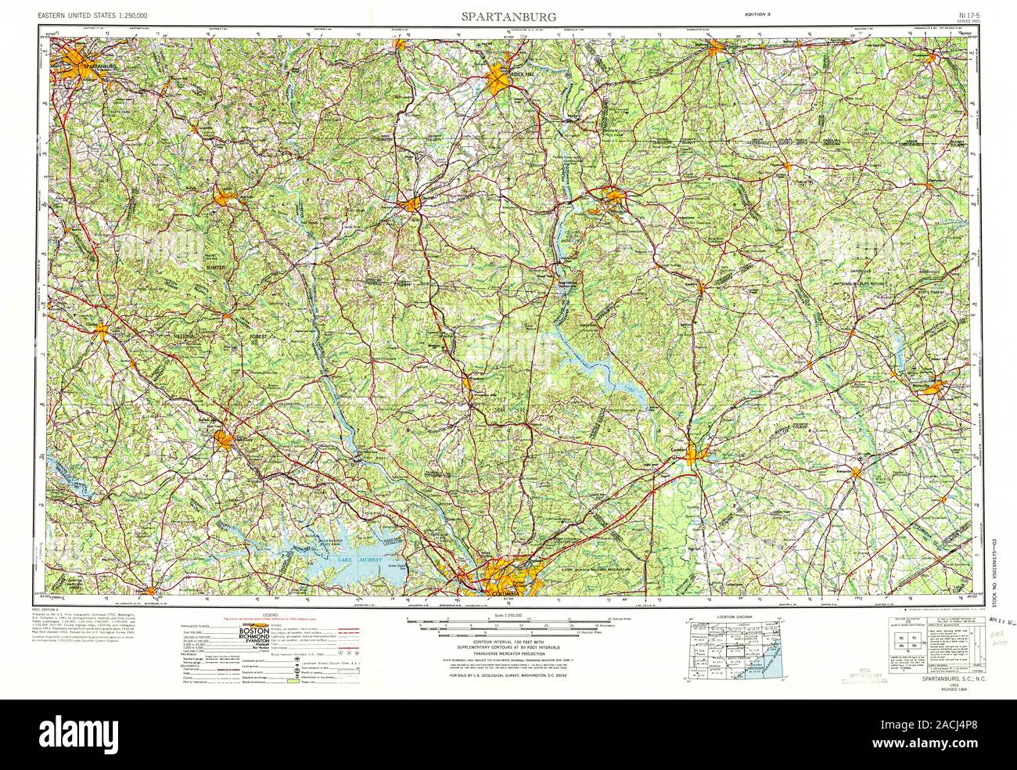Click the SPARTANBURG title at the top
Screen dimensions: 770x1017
508,16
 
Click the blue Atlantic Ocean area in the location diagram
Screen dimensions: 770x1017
763,657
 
